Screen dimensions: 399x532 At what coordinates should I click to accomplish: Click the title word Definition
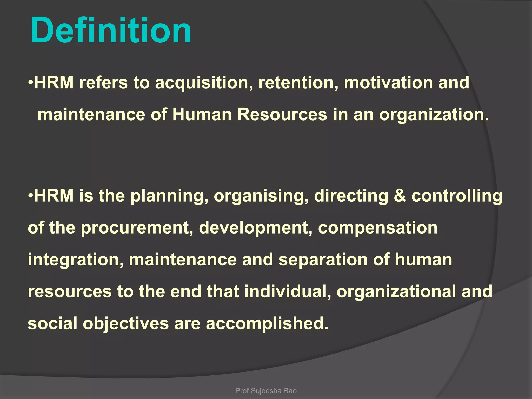(x=111, y=30)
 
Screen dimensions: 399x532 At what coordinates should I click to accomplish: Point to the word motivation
(x=388, y=83)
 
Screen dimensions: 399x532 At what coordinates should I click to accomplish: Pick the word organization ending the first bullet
(x=434, y=115)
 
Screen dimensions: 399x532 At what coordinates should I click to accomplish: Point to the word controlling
(x=457, y=196)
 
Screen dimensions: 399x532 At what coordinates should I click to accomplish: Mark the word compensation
(x=378, y=228)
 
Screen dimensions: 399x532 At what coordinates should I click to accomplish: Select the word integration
(x=76, y=260)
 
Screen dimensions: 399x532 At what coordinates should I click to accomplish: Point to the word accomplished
(x=267, y=324)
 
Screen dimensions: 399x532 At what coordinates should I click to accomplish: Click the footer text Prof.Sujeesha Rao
(x=266, y=391)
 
